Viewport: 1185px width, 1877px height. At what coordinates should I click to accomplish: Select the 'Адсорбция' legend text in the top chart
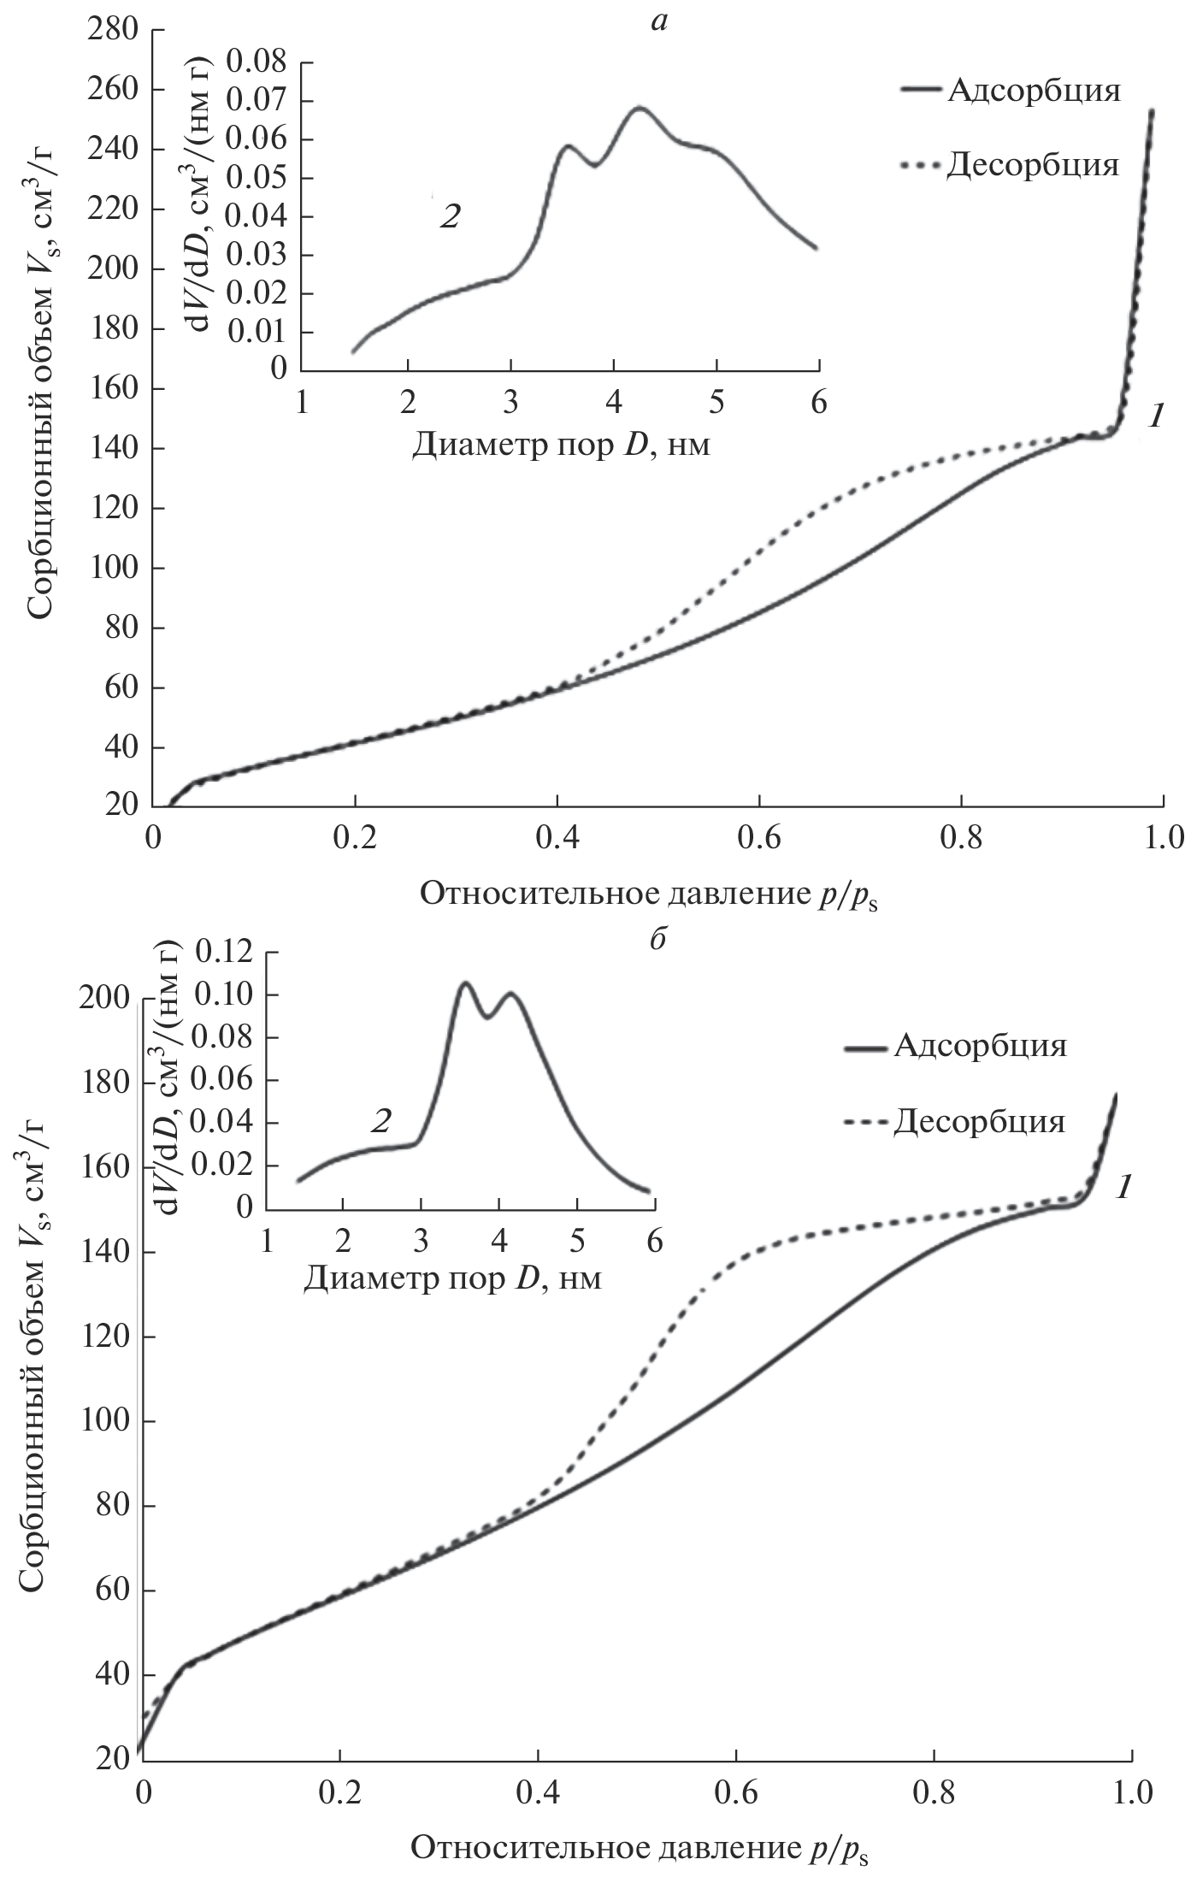[x=1033, y=91]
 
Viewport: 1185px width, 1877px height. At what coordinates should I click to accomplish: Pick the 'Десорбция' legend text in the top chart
[x=1032, y=164]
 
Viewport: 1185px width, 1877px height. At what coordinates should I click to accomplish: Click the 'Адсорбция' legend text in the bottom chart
[x=981, y=1046]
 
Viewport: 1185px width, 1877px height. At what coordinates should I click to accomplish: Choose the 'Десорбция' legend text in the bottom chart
[x=980, y=1120]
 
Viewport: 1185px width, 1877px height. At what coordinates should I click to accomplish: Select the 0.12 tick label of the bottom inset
[x=225, y=952]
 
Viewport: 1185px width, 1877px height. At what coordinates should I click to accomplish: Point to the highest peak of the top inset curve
[x=639, y=108]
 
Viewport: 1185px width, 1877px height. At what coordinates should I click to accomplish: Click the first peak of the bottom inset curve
[x=466, y=983]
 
